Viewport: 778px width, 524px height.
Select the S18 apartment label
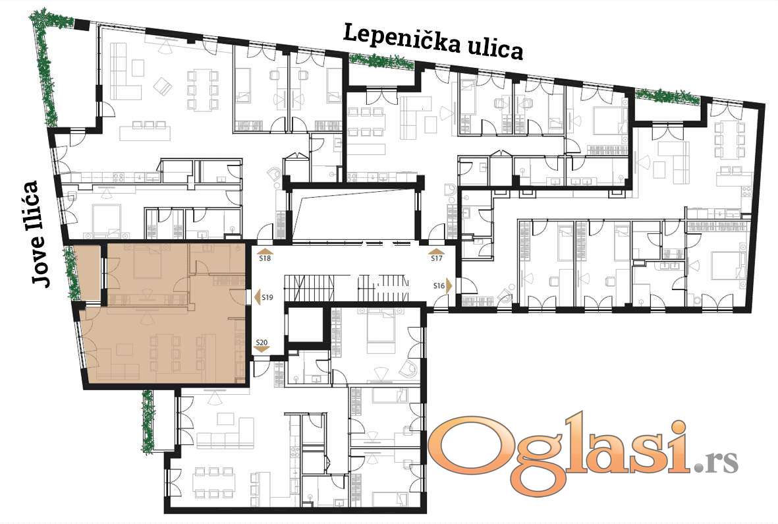[265, 258]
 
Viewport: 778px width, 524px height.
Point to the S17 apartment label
[437, 258]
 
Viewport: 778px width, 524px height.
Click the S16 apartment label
[439, 285]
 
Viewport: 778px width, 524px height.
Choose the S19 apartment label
[267, 298]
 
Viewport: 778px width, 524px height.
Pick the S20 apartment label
[262, 342]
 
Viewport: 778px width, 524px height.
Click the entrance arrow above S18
[265, 250]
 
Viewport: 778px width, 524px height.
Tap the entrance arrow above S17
[437, 250]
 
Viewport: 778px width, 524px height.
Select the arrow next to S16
[449, 286]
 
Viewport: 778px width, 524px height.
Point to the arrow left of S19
[257, 298]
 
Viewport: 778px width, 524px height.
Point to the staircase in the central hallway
[347, 287]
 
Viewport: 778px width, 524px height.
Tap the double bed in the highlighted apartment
[147, 262]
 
